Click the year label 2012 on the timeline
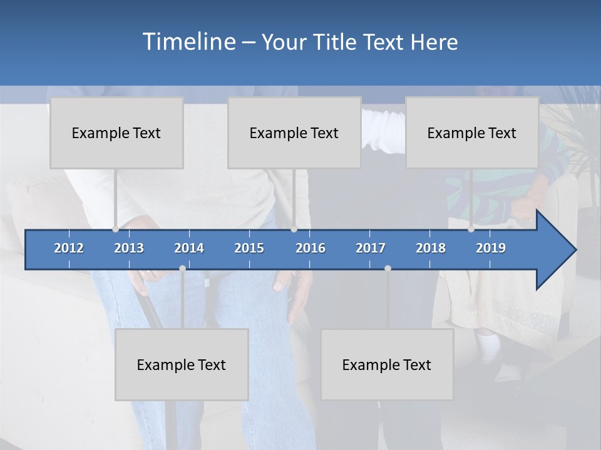[69, 248]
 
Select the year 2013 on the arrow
[129, 248]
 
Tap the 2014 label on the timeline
[189, 248]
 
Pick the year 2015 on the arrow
[249, 248]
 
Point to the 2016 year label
[311, 248]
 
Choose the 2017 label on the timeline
[371, 248]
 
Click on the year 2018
[431, 248]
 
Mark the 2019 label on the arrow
[491, 248]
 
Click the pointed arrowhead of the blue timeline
[560, 249]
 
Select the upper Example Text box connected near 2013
[116, 133]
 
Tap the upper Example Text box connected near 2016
[294, 133]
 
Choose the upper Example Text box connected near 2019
[472, 133]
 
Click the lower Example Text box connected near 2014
[182, 364]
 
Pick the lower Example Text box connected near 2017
[387, 364]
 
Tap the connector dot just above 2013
[115, 229]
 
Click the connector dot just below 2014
[182, 268]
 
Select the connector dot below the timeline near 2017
[388, 268]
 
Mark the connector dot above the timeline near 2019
[471, 229]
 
